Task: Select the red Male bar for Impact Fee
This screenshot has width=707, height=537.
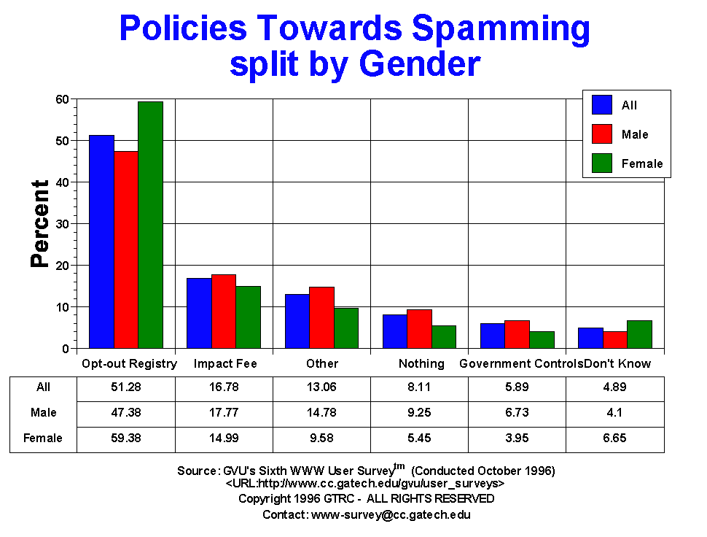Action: [224, 312]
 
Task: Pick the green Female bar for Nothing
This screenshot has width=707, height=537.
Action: [443, 337]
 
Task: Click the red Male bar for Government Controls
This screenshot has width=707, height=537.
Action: [517, 334]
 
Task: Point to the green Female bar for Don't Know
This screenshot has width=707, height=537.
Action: [639, 334]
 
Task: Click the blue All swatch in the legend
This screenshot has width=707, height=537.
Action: [601, 105]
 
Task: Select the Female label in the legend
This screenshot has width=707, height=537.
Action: [641, 163]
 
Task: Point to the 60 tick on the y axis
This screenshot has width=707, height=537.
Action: [62, 99]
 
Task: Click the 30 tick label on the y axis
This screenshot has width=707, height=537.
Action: [62, 224]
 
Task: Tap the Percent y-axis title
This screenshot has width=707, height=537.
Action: [40, 224]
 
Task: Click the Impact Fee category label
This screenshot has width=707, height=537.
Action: [225, 363]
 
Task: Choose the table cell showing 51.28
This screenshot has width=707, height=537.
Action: [126, 387]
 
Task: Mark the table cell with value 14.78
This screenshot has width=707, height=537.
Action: [321, 413]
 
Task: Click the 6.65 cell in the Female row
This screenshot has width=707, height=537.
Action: [615, 439]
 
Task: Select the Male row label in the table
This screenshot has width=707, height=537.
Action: [44, 413]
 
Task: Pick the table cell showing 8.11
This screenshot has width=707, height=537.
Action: [419, 387]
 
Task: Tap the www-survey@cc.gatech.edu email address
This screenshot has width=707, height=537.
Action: [391, 514]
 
